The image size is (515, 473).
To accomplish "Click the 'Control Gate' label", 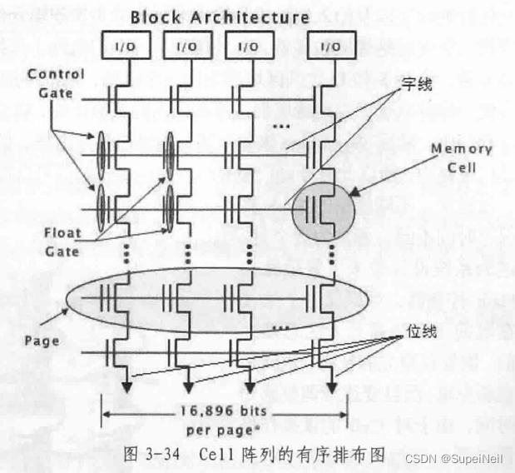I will [56, 82].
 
